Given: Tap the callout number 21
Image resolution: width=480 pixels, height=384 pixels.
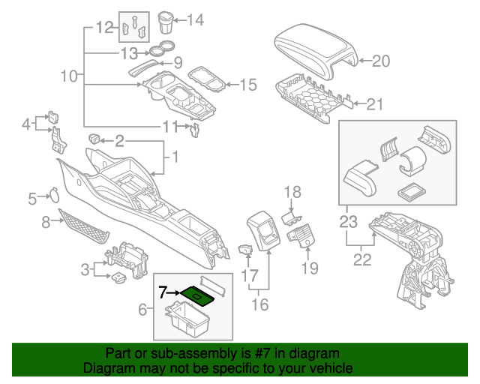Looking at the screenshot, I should [x=382, y=105].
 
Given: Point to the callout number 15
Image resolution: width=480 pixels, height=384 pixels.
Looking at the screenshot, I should [x=247, y=85].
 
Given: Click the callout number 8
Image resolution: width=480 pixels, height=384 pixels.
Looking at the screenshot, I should [x=46, y=221].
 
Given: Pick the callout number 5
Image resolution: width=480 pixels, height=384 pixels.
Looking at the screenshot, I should [x=32, y=199].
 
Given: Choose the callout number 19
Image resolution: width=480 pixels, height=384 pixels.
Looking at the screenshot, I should [x=310, y=268].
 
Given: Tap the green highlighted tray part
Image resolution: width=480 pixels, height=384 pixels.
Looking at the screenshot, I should [x=199, y=296].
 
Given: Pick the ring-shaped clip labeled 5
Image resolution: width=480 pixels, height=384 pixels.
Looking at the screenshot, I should [x=54, y=193].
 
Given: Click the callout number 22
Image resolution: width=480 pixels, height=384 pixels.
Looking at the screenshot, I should [x=363, y=262].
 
